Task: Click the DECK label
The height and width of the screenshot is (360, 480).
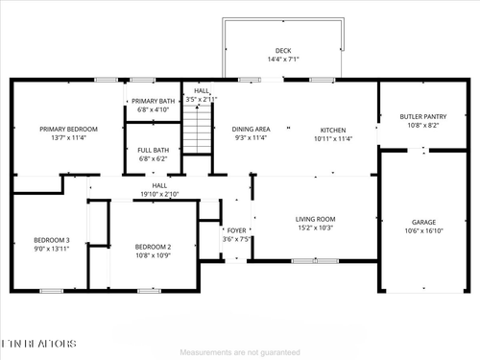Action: coord(282,51)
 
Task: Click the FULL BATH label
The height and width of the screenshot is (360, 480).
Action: coord(153,149)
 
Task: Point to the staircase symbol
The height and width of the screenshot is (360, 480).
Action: coord(197,130)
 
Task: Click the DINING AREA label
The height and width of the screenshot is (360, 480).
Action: coord(252,129)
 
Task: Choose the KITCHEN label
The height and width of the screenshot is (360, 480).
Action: coord(332,129)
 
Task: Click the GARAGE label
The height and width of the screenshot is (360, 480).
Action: coord(423,222)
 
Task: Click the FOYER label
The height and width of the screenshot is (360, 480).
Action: coord(236,230)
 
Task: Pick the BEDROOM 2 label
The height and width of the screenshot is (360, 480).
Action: coord(153,247)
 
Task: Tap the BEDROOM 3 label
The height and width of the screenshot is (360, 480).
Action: coord(52,240)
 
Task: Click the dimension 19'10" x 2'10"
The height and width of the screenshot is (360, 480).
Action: coord(159,194)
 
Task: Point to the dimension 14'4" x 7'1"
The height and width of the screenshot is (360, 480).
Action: coord(282,60)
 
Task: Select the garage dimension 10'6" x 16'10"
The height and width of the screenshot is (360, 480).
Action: coord(423,230)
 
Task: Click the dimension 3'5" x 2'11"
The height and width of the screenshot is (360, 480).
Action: coord(201,98)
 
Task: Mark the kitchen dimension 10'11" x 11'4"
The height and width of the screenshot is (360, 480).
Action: coord(332,137)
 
